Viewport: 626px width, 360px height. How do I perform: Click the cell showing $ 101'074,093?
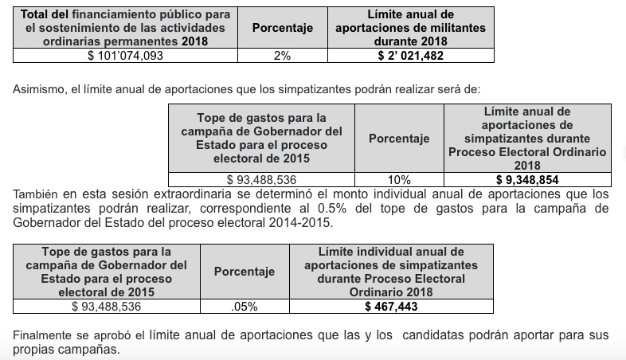[125, 56]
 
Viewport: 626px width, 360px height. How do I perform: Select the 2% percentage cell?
[282, 56]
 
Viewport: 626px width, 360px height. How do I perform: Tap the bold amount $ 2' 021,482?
[410, 56]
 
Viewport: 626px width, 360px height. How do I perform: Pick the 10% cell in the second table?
[398, 180]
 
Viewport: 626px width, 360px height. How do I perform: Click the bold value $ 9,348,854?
[526, 180]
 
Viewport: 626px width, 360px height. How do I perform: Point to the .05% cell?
[244, 307]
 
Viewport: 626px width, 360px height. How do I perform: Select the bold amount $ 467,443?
[390, 307]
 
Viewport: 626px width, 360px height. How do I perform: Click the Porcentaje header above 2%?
[282, 28]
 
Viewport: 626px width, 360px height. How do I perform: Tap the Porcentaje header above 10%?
[398, 139]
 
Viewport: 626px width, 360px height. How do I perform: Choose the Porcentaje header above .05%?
[244, 272]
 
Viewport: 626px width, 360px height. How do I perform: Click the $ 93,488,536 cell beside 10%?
[261, 180]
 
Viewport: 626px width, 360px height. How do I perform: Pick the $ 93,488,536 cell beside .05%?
[106, 307]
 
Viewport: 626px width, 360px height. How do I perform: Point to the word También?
[36, 194]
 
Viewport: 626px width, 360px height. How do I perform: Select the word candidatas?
[436, 335]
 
